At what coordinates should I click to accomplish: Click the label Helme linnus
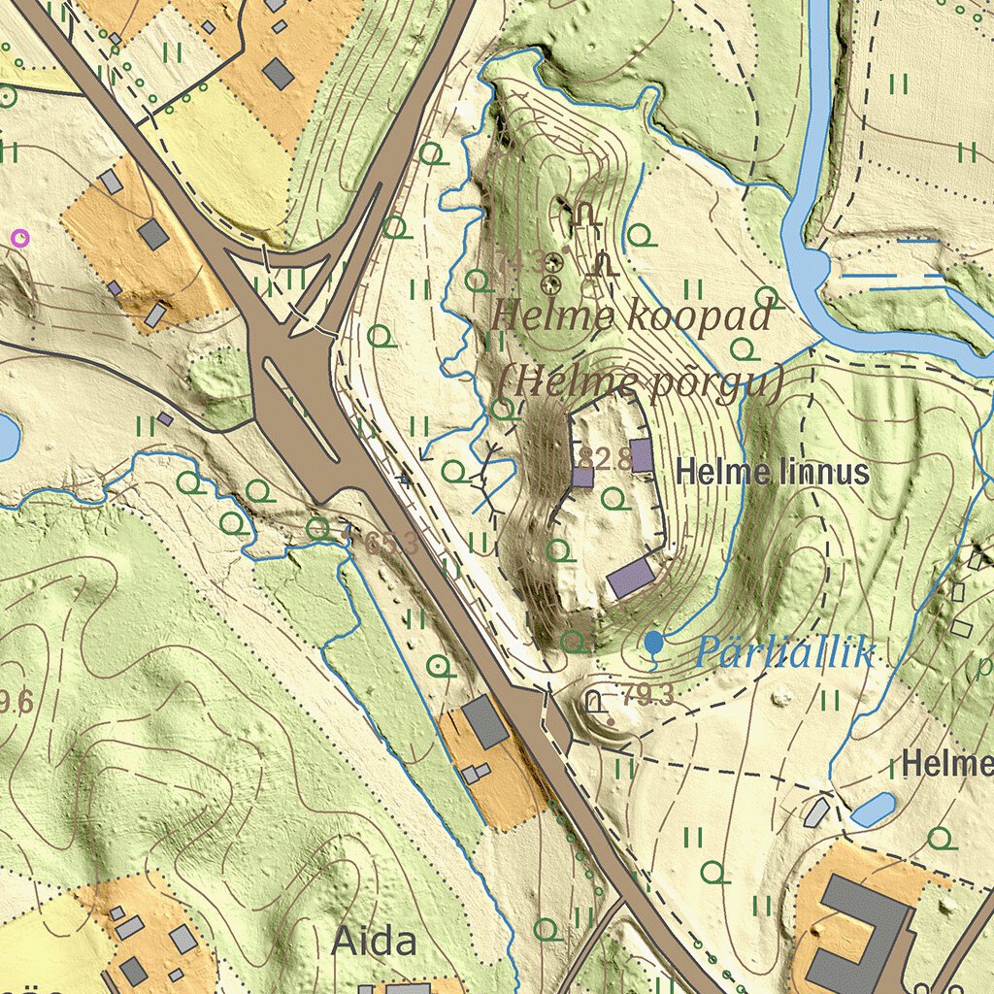(x=772, y=474)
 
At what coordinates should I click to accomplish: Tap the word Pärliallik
(x=785, y=653)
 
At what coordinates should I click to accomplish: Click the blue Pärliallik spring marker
(x=654, y=642)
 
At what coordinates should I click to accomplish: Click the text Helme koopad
(x=631, y=316)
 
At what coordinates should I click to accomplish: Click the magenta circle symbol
(x=19, y=236)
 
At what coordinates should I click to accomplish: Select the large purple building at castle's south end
(x=631, y=578)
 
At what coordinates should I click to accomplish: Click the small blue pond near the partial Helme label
(x=874, y=808)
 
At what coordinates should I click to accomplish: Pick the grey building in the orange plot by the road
(x=485, y=721)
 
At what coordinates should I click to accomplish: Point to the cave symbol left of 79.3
(x=595, y=701)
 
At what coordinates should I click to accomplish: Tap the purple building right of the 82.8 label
(x=642, y=454)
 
